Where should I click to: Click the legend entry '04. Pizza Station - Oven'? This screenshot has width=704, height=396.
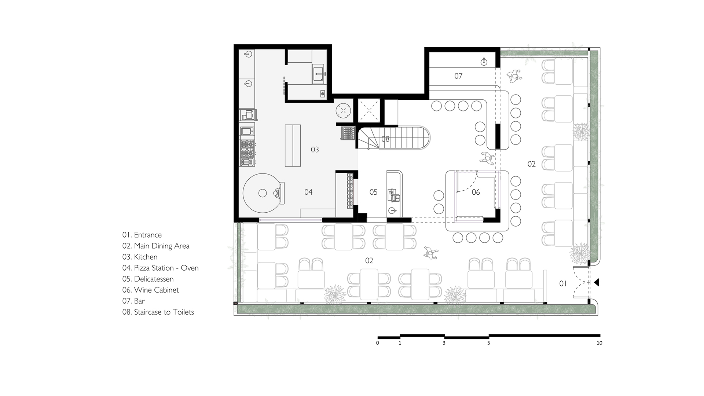[160, 268]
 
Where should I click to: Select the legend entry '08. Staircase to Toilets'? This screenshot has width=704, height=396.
[158, 312]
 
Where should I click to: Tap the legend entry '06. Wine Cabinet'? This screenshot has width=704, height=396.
[150, 290]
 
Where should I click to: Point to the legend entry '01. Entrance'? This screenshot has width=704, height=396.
[142, 235]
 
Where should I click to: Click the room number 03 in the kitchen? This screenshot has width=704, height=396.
[315, 150]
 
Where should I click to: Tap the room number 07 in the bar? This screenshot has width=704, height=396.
[458, 76]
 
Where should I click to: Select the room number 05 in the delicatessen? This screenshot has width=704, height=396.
[373, 192]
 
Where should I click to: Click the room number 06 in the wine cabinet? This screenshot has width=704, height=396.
[476, 192]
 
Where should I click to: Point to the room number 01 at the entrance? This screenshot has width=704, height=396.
[563, 283]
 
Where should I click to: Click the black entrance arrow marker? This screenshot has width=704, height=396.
[597, 282]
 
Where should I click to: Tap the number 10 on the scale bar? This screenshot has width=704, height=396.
[599, 343]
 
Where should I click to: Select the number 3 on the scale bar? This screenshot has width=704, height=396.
[444, 343]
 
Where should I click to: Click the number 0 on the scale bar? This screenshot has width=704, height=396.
[378, 343]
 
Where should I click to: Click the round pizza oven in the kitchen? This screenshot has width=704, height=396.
[263, 193]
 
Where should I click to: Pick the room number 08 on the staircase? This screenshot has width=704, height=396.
[385, 139]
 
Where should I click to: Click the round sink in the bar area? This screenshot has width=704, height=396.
[484, 62]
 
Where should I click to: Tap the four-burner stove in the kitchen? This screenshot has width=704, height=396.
[248, 148]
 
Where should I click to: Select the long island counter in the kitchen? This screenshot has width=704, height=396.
[293, 146]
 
